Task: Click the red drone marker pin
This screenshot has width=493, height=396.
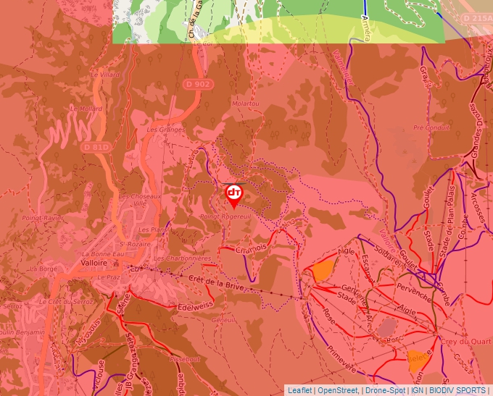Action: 233,194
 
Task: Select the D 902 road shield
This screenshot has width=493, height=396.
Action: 197,84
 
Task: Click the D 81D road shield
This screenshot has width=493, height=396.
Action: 96,147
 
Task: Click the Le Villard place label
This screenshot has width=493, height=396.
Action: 104,74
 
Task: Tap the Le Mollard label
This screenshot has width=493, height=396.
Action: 85,109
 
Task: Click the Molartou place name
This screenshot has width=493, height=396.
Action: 244,104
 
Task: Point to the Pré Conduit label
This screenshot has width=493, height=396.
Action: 431,127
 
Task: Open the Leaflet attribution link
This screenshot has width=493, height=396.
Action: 299,390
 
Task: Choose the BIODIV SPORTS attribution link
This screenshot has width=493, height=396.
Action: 457,390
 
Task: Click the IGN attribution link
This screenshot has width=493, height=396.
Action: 417,390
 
